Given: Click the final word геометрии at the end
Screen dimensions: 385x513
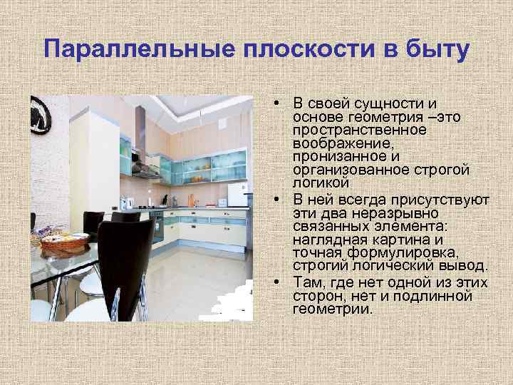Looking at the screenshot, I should coord(332,309).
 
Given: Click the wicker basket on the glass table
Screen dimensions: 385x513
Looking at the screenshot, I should coord(64,242).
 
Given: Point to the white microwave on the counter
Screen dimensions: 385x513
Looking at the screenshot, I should coord(237,193).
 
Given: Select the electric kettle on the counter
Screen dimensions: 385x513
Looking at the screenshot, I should coord(129,202).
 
